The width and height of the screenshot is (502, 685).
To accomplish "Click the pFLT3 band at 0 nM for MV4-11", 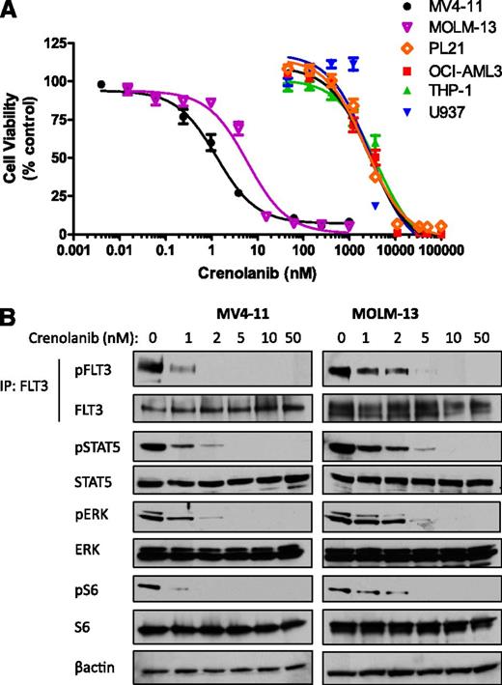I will click(150, 368).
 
